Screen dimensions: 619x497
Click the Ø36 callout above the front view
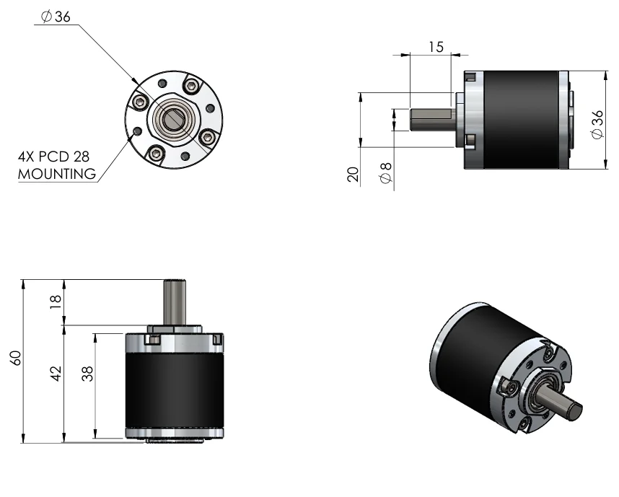(56, 17)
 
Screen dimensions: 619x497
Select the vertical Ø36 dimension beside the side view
(597, 124)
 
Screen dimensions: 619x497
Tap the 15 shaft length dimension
(436, 47)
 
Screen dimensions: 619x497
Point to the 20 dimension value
(353, 174)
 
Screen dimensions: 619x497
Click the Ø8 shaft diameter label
(386, 173)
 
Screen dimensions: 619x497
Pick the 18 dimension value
(56, 302)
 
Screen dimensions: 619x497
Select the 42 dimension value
(56, 374)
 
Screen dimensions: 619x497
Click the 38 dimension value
(87, 374)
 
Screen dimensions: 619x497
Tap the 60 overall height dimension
(15, 358)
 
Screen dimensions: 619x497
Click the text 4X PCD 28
(53, 157)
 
